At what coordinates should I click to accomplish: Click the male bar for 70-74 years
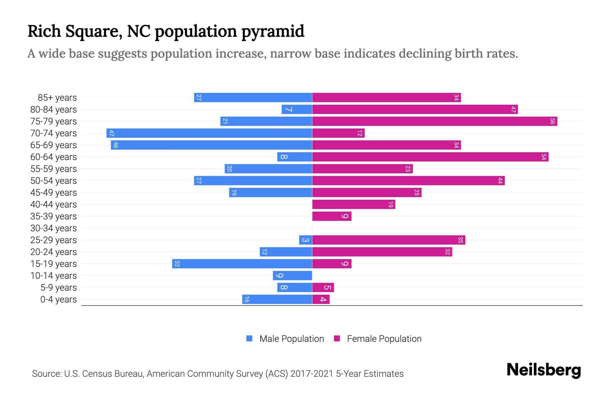(x=209, y=133)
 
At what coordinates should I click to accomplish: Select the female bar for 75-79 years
(x=434, y=121)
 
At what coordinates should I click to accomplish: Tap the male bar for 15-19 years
(x=242, y=264)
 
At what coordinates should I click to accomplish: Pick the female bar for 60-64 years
(x=430, y=157)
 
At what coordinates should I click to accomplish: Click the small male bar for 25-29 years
(x=305, y=240)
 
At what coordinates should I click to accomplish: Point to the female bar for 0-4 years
(x=321, y=299)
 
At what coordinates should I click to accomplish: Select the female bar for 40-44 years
(x=353, y=205)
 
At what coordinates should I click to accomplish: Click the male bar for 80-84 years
(x=297, y=110)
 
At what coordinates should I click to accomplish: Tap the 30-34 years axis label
(x=54, y=228)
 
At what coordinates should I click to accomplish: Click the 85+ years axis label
(x=57, y=98)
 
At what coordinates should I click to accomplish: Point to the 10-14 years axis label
(x=54, y=276)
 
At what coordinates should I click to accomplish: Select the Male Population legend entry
(x=285, y=339)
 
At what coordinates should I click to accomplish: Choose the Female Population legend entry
(x=378, y=339)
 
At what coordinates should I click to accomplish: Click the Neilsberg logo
(x=544, y=370)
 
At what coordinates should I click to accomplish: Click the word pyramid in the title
(x=273, y=32)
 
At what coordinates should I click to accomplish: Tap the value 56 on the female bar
(x=552, y=121)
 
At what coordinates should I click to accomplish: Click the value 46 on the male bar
(x=116, y=145)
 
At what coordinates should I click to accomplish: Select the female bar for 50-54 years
(x=408, y=181)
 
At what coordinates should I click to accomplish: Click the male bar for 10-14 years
(x=292, y=276)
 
